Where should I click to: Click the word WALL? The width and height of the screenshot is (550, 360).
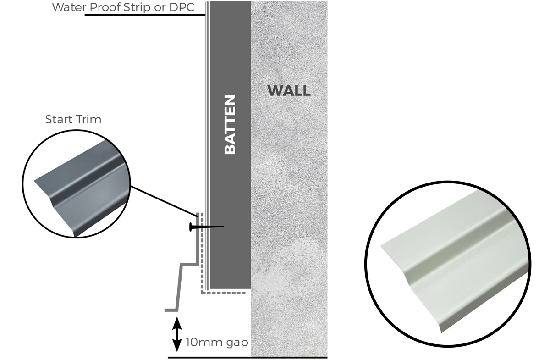(289, 91)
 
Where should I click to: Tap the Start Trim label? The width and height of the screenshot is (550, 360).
(73, 120)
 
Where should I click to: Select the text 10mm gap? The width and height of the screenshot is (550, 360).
(216, 342)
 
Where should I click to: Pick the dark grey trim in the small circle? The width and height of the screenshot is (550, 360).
(78, 188)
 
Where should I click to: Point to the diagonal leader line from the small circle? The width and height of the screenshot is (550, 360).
(163, 200)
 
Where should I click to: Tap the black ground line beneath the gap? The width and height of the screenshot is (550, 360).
(247, 357)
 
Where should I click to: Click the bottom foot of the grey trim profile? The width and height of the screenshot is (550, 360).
(171, 310)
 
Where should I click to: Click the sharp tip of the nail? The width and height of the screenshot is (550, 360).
(223, 227)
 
